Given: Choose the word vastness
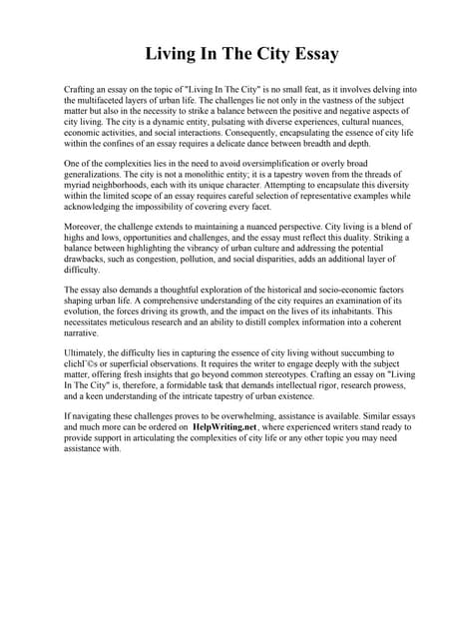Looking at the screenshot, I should click(306, 101).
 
